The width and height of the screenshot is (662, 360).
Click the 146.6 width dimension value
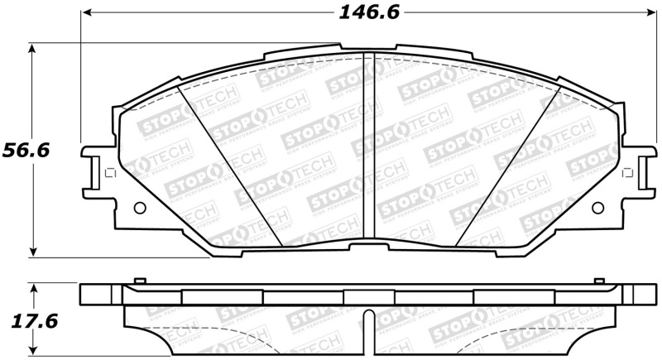coord(363,12)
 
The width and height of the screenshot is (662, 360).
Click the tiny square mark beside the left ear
coord(108,173)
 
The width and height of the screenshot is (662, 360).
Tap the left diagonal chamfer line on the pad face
coord(232,166)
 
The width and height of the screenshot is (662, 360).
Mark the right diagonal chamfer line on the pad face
coord(505,166)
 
